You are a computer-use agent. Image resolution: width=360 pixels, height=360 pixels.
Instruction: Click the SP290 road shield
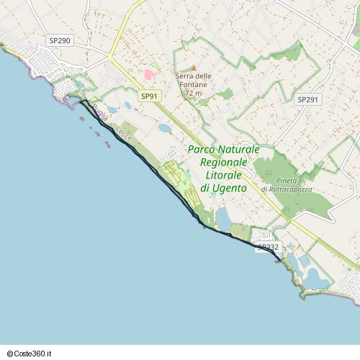[x=60, y=41]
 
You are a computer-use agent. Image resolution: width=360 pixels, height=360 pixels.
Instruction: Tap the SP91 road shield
[x=150, y=96]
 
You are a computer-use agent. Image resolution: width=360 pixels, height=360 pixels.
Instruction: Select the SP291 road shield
[x=307, y=99]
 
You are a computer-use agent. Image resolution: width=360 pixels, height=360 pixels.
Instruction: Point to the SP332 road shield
[x=268, y=247]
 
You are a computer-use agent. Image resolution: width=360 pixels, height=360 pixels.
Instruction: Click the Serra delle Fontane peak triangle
[x=193, y=68]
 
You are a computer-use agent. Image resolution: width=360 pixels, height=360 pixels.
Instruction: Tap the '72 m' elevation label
[x=193, y=94]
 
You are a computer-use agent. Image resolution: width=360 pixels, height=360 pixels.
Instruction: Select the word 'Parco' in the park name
[x=203, y=149]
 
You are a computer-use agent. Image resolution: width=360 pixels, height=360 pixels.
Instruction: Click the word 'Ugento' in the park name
[x=229, y=188]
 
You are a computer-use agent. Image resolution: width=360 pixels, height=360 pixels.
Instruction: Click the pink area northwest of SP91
[x=149, y=74]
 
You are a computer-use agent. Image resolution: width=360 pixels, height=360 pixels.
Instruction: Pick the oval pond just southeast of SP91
[x=165, y=128]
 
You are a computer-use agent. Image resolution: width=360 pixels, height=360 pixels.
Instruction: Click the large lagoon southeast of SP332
[x=315, y=276]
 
